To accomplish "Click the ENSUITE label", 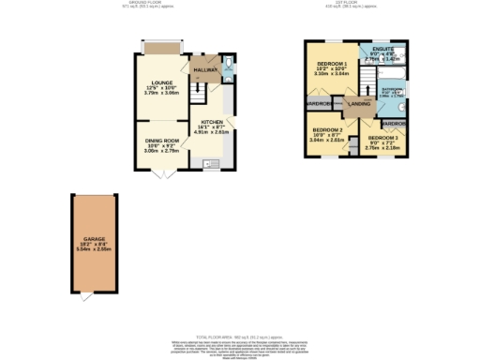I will point(382,48).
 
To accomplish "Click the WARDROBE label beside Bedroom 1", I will point(318,103).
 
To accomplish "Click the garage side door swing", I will point(85,296).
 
